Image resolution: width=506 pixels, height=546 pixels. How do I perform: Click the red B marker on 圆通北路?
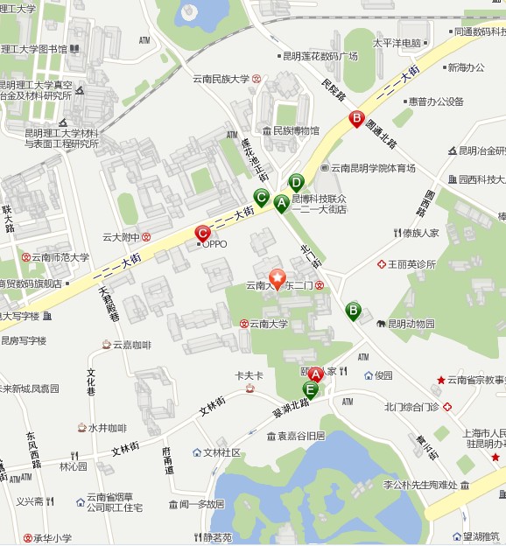point(356,118)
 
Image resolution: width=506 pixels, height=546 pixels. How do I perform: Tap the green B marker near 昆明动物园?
point(353,310)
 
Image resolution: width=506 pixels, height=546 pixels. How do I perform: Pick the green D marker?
point(296,183)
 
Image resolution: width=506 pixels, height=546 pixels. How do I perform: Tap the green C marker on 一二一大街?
point(261,196)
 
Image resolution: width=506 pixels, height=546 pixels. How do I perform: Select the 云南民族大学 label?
point(221,79)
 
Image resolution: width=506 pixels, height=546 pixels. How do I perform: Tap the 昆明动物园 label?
point(411,324)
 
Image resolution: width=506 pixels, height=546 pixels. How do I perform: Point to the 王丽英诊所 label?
point(411,263)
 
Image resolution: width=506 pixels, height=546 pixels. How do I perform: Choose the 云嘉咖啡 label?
point(131,345)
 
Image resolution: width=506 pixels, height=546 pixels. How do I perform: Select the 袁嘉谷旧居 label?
point(301,435)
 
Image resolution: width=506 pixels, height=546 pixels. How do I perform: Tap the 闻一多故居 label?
point(202,504)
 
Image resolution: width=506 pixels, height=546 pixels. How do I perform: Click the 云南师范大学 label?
point(60,257)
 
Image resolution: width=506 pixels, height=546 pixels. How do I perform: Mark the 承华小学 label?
point(53,538)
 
